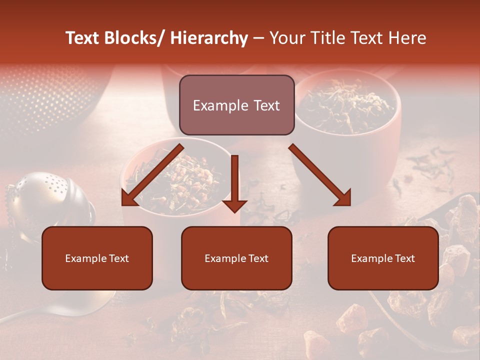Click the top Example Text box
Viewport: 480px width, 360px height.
(236, 105)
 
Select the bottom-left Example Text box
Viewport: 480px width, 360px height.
(97, 258)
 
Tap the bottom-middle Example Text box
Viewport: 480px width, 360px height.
(236, 258)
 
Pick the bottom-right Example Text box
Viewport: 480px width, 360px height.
(383, 258)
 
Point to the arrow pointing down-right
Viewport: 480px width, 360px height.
(320, 175)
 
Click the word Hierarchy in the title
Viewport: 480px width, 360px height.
(209, 38)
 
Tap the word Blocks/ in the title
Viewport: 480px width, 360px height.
(135, 38)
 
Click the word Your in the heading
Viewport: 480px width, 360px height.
(287, 38)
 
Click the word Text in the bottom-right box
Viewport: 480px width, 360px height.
(404, 258)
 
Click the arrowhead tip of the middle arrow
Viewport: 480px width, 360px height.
(234, 211)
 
